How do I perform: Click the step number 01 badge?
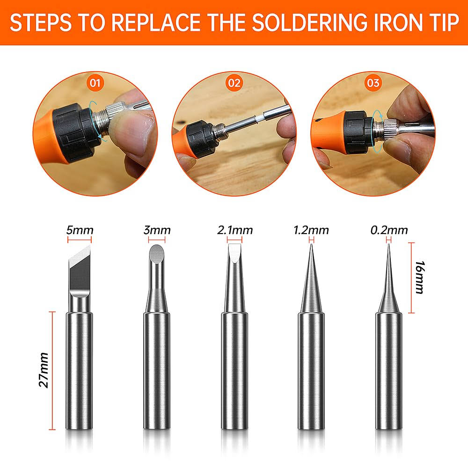(x=95, y=83)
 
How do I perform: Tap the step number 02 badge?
(x=234, y=83)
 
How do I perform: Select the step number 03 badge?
(x=373, y=83)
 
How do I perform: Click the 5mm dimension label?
(x=80, y=230)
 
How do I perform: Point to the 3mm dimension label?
(x=157, y=230)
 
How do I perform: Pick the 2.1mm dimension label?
(x=235, y=230)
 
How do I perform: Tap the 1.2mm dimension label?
(x=311, y=230)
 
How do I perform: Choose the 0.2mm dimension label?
(x=389, y=230)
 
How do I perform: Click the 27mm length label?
(x=44, y=370)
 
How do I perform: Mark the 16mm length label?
(x=420, y=278)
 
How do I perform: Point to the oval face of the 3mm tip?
(x=157, y=254)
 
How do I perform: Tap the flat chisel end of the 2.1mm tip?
(x=234, y=252)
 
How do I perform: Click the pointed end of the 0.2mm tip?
(x=388, y=244)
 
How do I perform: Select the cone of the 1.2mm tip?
(x=311, y=279)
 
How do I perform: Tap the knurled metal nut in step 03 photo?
(x=389, y=129)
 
